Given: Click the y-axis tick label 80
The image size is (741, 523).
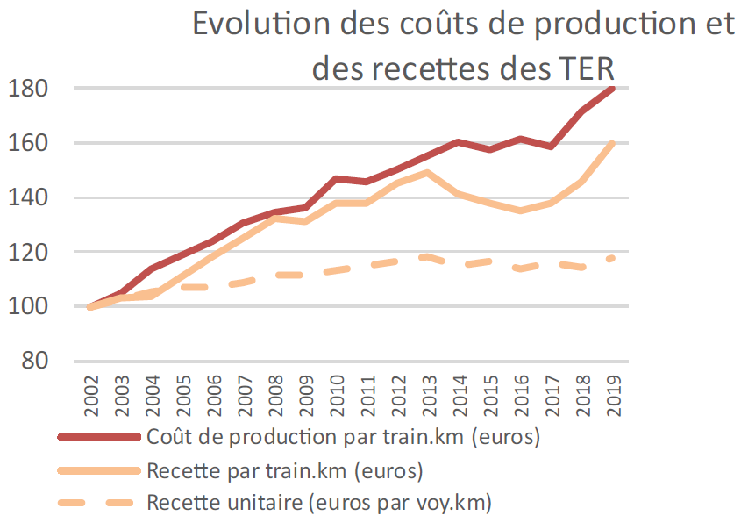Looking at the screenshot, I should pos(34,362).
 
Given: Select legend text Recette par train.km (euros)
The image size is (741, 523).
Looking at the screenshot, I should pos(285,470).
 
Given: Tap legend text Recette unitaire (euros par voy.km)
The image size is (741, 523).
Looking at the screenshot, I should pos(319,504).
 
